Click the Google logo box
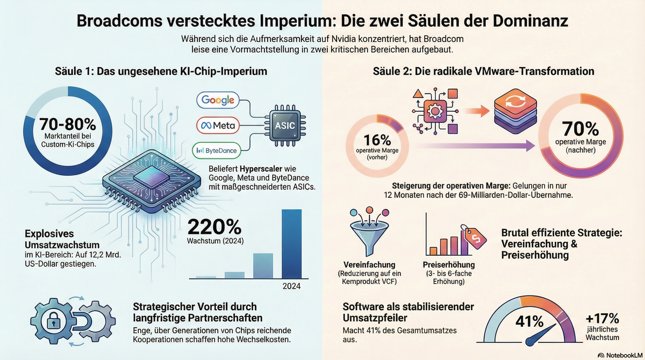[x=218, y=100]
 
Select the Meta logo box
[x=218, y=125]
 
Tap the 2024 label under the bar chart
[x=292, y=286]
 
